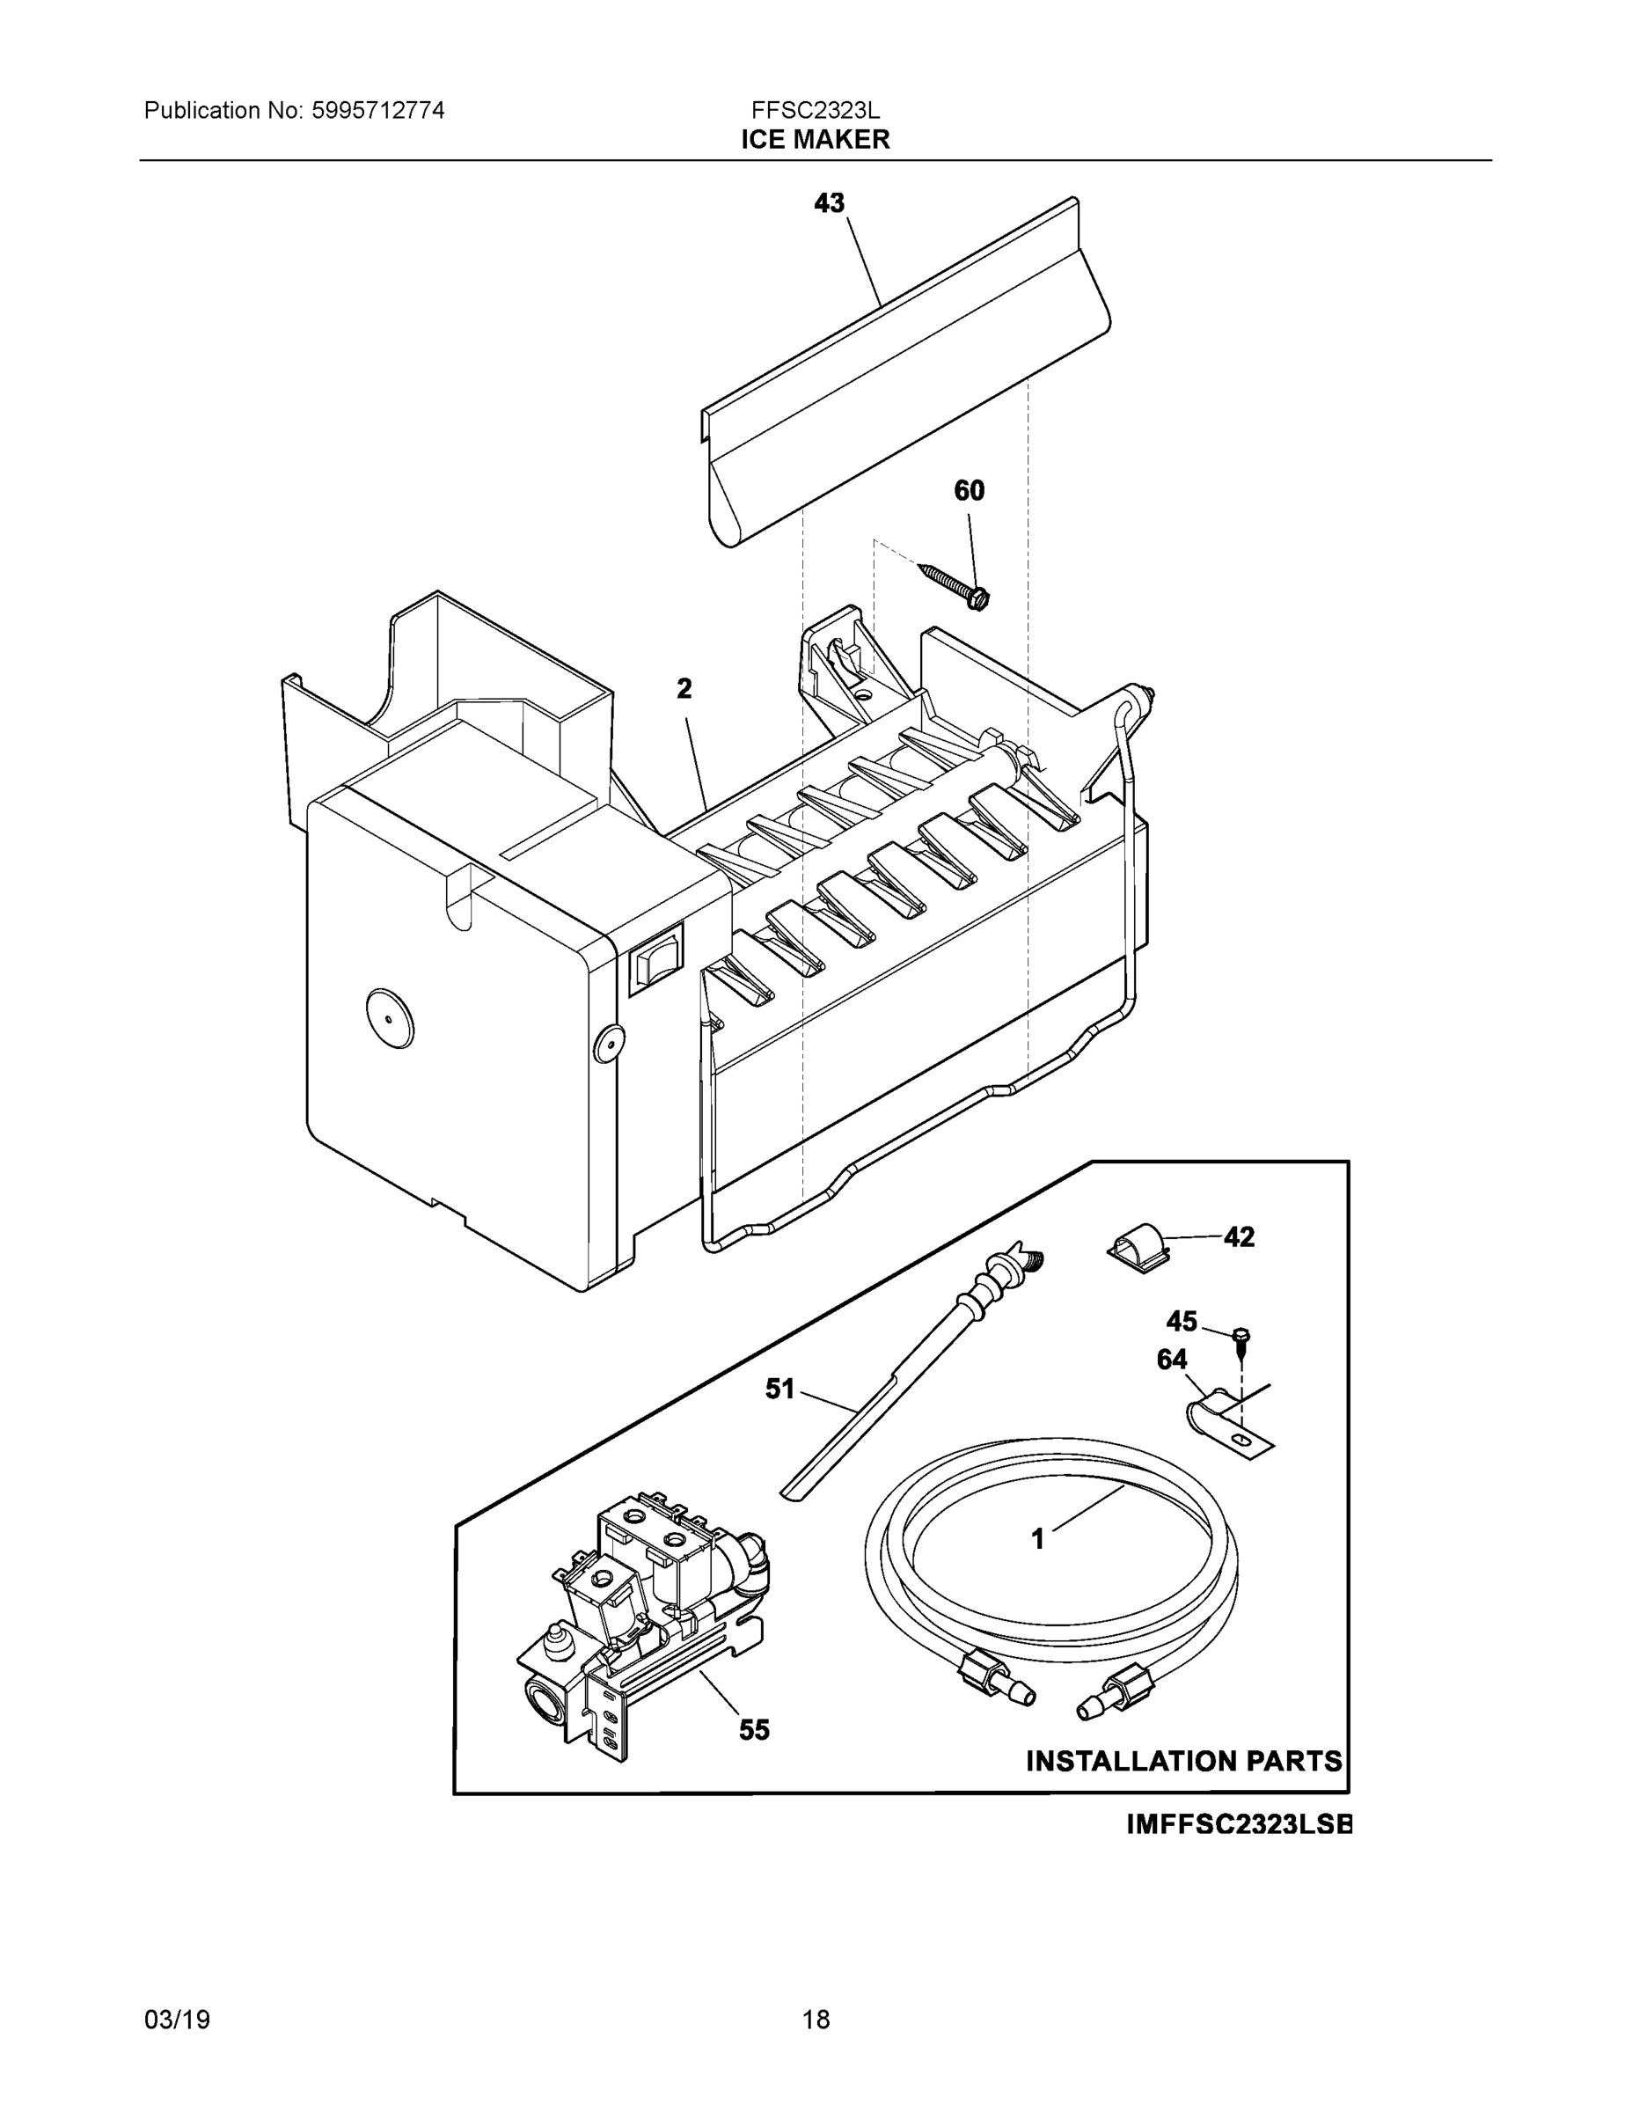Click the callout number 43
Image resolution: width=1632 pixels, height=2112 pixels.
pos(829,203)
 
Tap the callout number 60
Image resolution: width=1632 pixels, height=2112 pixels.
pos(969,491)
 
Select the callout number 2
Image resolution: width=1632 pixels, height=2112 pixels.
pos(684,688)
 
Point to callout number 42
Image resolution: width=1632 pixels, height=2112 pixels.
pos(1239,1236)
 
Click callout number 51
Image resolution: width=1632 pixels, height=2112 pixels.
pos(779,1389)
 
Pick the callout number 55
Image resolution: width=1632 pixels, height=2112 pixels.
pos(754,1730)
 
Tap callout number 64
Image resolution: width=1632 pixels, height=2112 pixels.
pos(1172,1360)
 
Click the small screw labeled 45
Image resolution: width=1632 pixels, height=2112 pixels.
pos(1241,1338)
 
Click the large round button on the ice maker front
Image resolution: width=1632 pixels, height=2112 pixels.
pos(389,1018)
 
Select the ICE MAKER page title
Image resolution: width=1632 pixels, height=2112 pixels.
pos(815,140)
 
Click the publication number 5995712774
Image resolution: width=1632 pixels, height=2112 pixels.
pos(378,111)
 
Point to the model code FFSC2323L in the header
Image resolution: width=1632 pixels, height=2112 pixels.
pos(815,111)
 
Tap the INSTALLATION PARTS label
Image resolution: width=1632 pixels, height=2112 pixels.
pos(1183,1761)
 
